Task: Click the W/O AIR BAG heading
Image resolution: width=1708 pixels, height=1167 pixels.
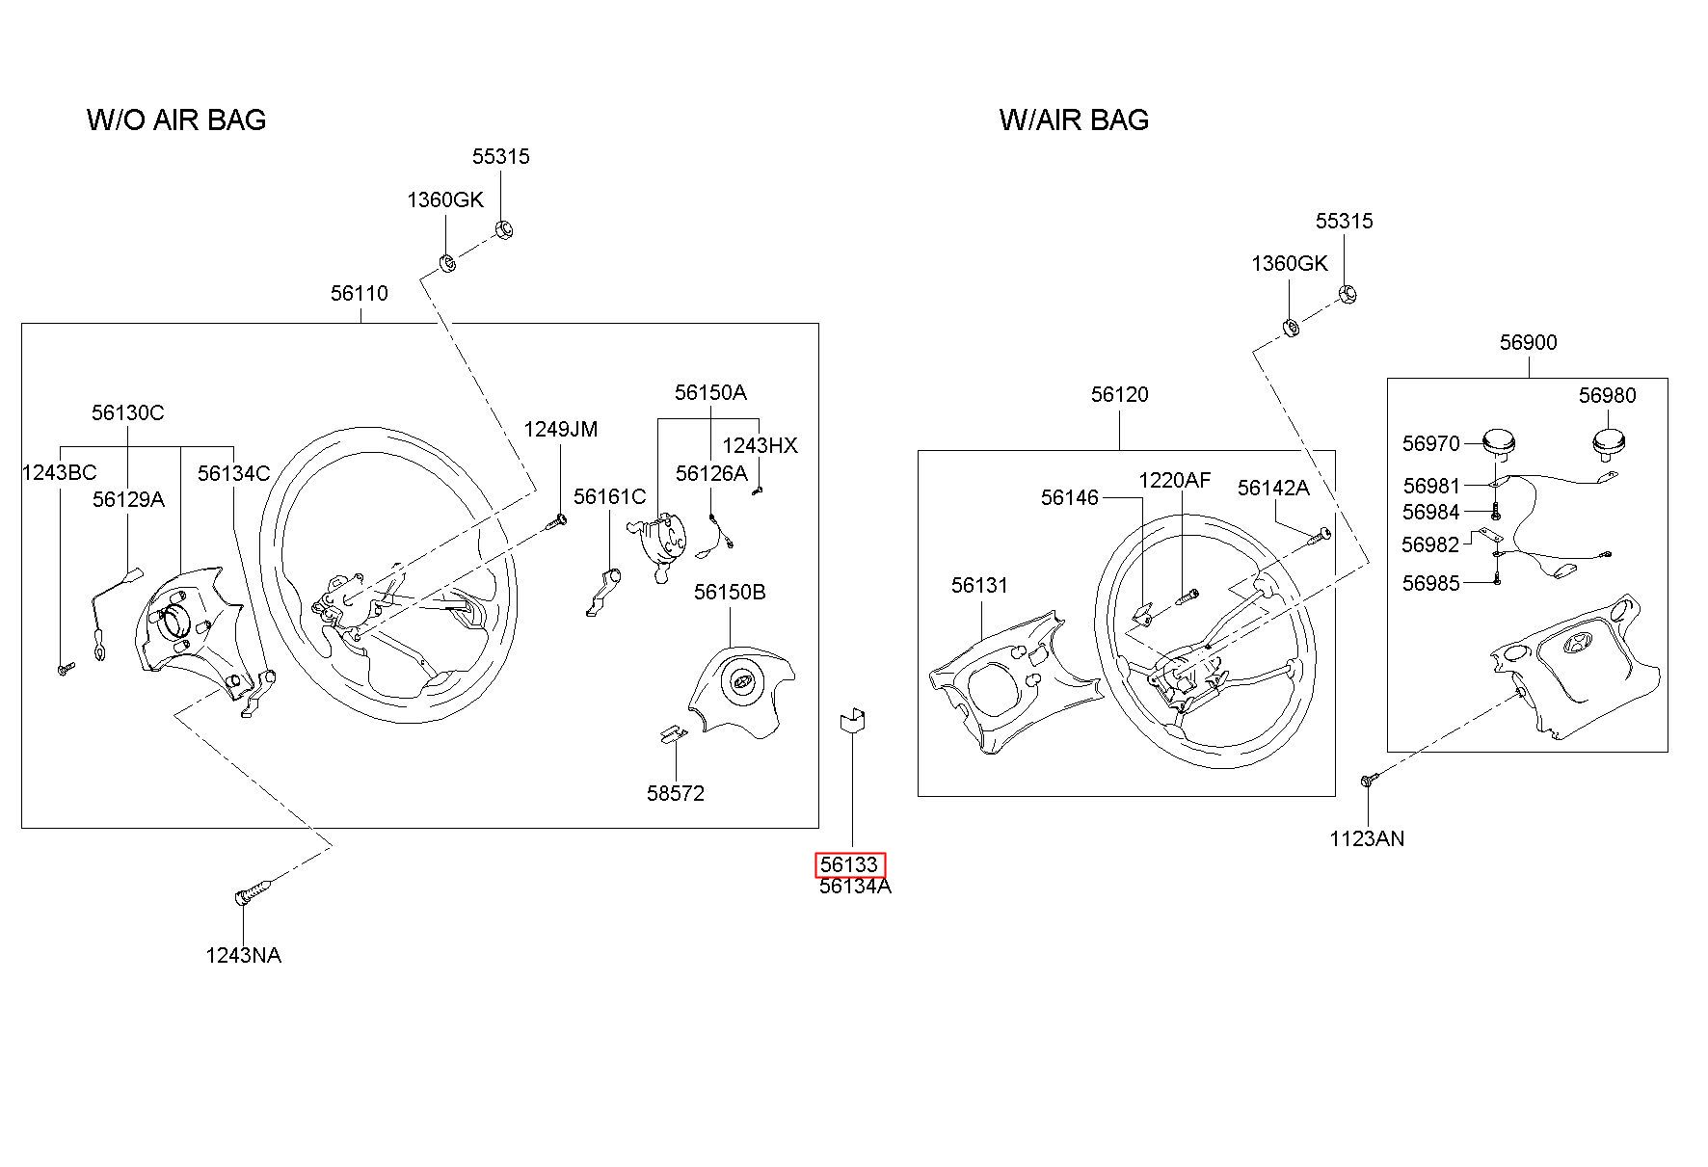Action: [176, 119]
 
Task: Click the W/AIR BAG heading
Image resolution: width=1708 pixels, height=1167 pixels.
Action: [1074, 119]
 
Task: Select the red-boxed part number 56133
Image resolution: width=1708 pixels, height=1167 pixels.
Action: [849, 864]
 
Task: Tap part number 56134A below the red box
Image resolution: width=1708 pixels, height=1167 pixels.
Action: [855, 887]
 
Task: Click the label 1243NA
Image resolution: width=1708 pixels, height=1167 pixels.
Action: [243, 955]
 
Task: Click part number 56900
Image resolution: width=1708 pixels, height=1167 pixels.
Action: [1528, 342]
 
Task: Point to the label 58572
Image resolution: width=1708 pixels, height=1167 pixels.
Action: [675, 793]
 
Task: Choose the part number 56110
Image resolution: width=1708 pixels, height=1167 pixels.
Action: [359, 293]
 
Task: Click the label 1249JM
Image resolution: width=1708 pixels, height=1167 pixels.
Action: [560, 429]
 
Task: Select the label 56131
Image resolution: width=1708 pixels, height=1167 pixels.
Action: [979, 585]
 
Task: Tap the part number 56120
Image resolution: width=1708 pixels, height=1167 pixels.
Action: [1119, 394]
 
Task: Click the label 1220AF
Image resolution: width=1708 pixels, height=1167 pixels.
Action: [1174, 480]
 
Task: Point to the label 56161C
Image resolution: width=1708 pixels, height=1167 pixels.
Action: [609, 496]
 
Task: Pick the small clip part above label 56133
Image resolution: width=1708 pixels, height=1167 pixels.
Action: [853, 721]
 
